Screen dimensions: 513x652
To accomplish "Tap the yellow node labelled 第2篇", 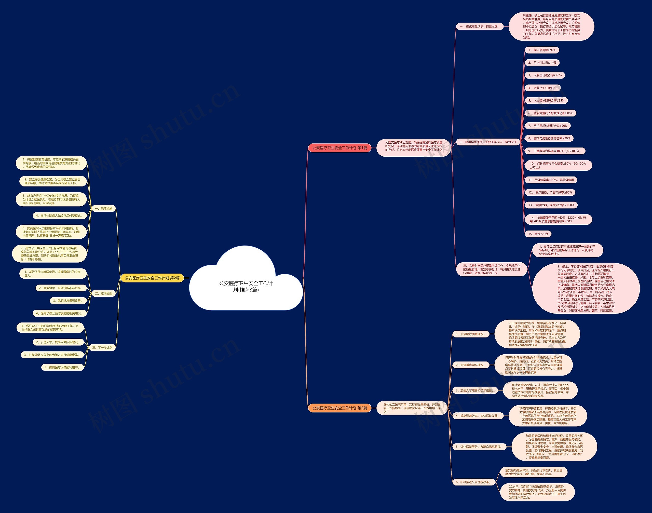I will (x=152, y=278).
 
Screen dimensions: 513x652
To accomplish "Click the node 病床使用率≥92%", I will (x=542, y=50).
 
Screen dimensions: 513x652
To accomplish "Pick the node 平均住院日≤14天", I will (x=542, y=63).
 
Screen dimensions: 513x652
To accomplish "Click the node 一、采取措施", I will (x=103, y=208).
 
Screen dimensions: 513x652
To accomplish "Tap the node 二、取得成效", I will (x=104, y=293).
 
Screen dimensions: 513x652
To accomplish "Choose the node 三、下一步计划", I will (x=102, y=347).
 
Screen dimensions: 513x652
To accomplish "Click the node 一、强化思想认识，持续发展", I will (x=479, y=27).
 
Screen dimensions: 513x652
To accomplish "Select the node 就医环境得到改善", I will (x=67, y=301).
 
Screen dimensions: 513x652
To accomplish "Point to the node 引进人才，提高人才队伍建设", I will (x=57, y=342).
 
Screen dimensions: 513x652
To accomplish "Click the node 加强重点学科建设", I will (x=470, y=365).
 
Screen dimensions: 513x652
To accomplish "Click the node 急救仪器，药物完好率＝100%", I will (x=551, y=205).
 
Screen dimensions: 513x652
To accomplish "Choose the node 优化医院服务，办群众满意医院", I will (x=479, y=447).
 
